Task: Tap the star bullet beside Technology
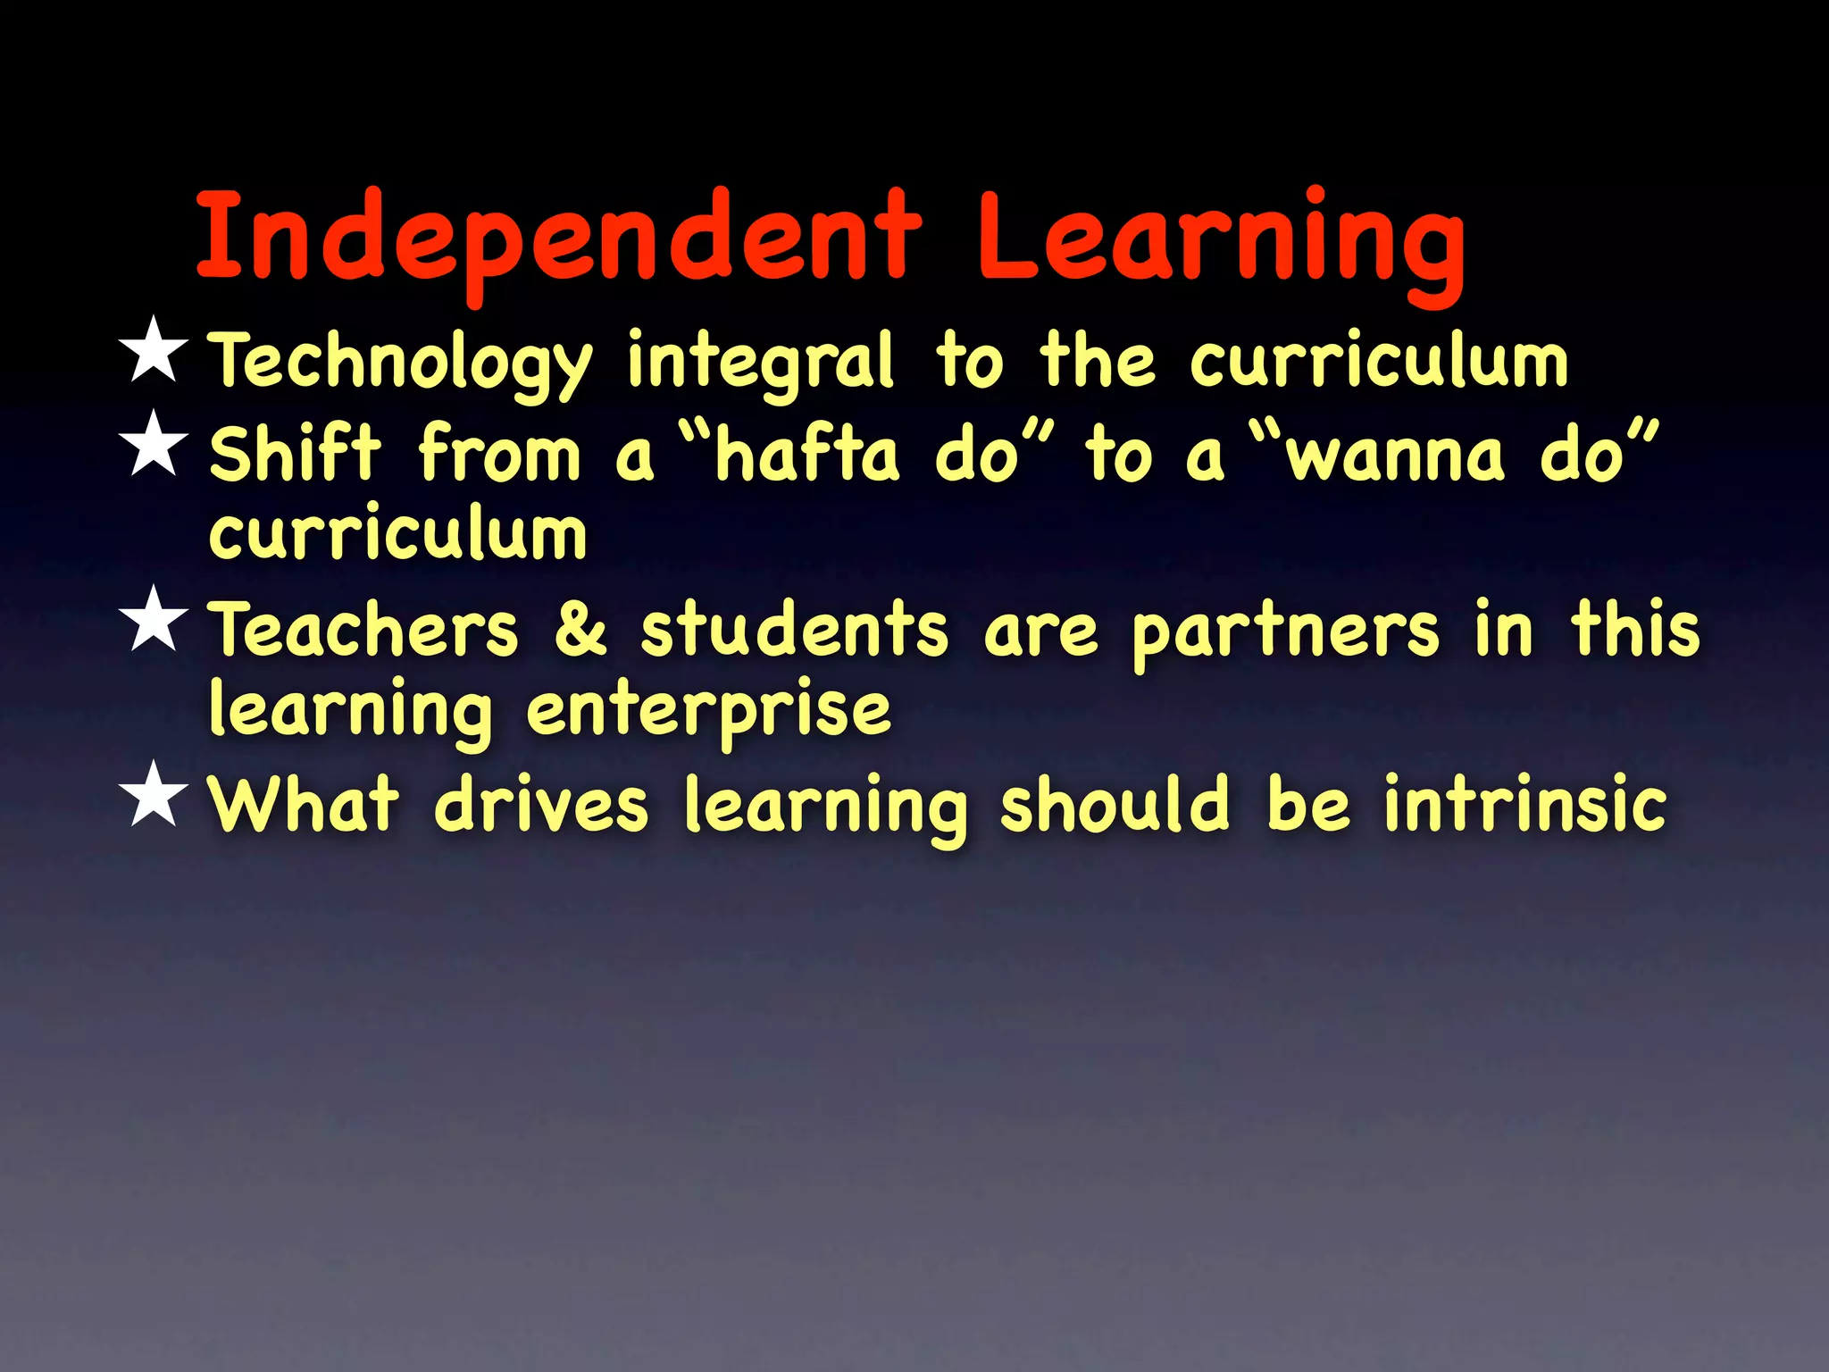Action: tap(155, 350)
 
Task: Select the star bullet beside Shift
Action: tap(155, 444)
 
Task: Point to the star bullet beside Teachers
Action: tap(155, 619)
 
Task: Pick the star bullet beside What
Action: tap(155, 794)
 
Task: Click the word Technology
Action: tap(401, 362)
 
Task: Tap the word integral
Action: tap(759, 362)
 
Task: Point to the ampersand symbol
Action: tap(580, 629)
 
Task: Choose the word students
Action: tap(794, 629)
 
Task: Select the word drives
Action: tap(541, 804)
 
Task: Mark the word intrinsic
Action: tap(1525, 804)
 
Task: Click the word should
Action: tap(1115, 804)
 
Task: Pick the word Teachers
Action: tap(363, 629)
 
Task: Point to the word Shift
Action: tap(296, 454)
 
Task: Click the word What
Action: tap(304, 804)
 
